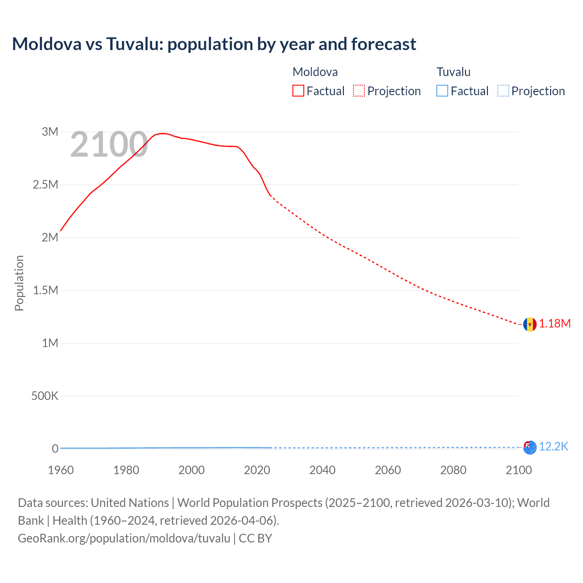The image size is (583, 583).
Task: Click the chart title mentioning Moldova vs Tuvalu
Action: (214, 44)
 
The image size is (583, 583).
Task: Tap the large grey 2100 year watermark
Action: (109, 144)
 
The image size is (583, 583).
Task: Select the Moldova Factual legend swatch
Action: (298, 91)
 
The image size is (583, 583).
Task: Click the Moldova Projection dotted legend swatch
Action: (359, 91)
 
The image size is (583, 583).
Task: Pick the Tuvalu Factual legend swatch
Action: (442, 91)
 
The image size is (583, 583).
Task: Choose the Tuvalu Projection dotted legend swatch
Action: (503, 91)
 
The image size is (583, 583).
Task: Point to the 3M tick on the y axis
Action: (50, 132)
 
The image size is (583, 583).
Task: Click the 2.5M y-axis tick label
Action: (46, 184)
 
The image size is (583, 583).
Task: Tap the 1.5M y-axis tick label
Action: (46, 290)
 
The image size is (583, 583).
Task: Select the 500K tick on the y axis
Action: (45, 396)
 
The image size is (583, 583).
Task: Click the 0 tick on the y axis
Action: (55, 449)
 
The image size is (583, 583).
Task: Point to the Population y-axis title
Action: (19, 283)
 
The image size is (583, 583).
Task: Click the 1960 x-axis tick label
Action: (61, 470)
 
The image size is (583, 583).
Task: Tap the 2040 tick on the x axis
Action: (322, 470)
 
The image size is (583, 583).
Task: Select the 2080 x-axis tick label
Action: (453, 470)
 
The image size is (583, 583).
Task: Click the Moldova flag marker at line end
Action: (530, 324)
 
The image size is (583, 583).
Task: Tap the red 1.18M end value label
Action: (555, 324)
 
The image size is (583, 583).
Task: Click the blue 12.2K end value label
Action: (553, 447)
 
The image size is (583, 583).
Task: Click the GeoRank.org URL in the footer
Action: (124, 538)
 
